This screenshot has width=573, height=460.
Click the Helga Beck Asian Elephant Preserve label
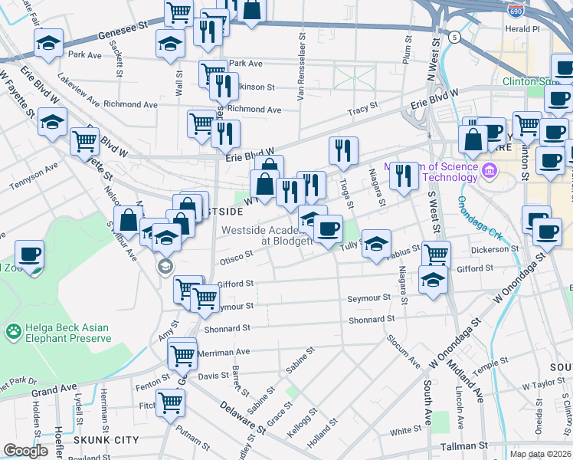click(x=67, y=333)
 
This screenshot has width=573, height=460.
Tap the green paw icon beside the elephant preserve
click(x=13, y=332)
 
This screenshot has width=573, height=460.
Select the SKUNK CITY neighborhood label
click(x=106, y=439)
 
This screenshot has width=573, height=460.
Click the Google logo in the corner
click(x=25, y=451)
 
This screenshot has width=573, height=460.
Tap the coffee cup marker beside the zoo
click(x=29, y=254)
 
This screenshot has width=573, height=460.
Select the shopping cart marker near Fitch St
click(x=170, y=402)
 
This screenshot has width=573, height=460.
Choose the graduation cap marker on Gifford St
click(x=434, y=279)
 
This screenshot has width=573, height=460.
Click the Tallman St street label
click(x=463, y=445)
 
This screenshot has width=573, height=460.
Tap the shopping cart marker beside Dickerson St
click(x=436, y=254)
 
